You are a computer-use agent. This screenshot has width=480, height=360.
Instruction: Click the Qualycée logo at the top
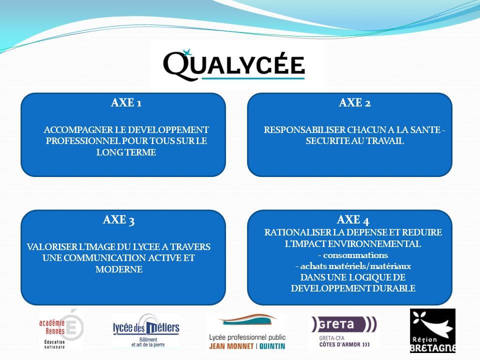[234, 65]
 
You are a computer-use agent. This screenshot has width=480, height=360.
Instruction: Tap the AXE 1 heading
[126, 102]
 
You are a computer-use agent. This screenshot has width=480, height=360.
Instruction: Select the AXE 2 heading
[355, 102]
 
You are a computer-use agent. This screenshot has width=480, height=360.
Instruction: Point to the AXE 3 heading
[119, 220]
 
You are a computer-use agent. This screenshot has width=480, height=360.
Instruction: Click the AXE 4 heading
[353, 220]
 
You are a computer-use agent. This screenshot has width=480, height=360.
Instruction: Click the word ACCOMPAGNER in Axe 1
[78, 130]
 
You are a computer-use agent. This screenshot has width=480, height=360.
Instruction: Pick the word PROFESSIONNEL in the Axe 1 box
[83, 141]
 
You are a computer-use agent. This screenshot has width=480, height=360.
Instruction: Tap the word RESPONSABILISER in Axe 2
[304, 130]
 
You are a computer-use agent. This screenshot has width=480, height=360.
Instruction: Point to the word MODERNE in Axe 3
[119, 269]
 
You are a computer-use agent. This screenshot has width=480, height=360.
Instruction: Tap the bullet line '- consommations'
[353, 255]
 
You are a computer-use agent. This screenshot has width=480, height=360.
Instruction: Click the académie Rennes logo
[61, 330]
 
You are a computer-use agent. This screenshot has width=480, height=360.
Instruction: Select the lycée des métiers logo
[146, 330]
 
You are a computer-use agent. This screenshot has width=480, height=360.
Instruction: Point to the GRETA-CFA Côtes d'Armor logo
[344, 332]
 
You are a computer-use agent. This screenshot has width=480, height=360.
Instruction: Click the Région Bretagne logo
[432, 330]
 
